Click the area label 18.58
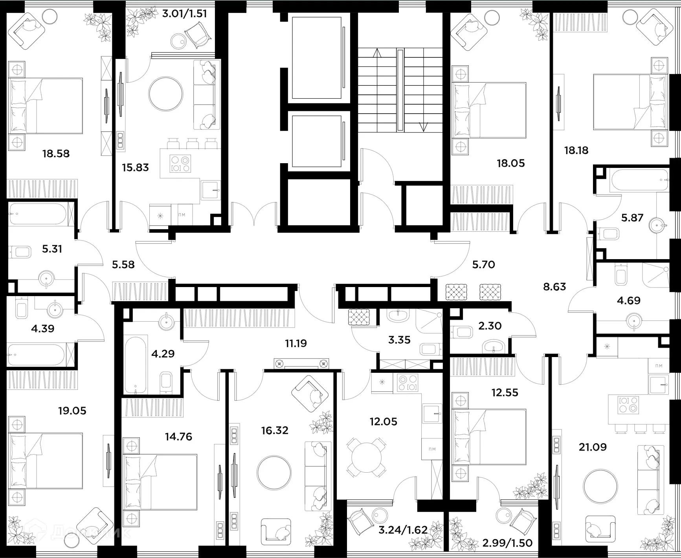pyautogui.click(x=56, y=153)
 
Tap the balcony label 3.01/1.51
pyautogui.click(x=184, y=14)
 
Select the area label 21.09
pyautogui.click(x=593, y=447)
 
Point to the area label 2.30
pyautogui.click(x=490, y=326)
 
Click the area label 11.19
pyautogui.click(x=296, y=343)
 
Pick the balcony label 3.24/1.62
pyautogui.click(x=403, y=530)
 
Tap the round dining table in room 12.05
pyautogui.click(x=365, y=457)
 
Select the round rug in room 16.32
pyautogui.click(x=274, y=472)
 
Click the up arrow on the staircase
pyautogui.click(x=377, y=53)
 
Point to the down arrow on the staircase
pyautogui.click(x=423, y=127)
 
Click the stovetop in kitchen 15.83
pyautogui.click(x=180, y=164)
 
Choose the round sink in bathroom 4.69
pyautogui.click(x=634, y=320)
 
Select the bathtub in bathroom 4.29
pyautogui.click(x=136, y=363)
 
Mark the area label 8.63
pyautogui.click(x=554, y=287)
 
